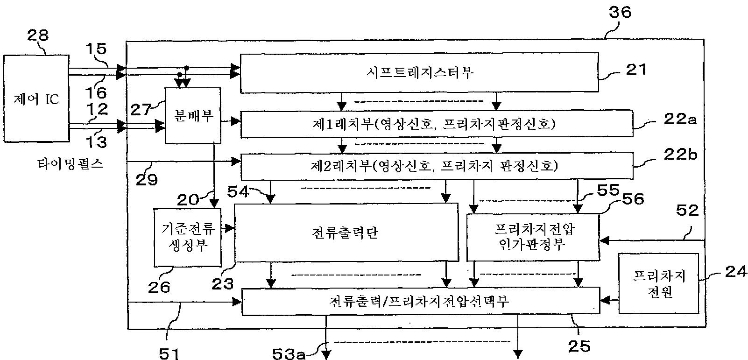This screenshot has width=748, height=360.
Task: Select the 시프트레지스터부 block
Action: (x=418, y=72)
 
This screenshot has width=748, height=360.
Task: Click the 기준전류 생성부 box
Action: (x=187, y=237)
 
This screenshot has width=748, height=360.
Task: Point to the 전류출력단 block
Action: (x=346, y=232)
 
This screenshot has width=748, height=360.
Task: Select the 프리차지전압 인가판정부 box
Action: (x=532, y=237)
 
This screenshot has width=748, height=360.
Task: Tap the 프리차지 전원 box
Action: (x=658, y=283)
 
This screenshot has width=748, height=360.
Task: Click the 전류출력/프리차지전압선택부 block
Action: (x=420, y=301)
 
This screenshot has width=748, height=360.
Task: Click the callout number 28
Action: (x=38, y=35)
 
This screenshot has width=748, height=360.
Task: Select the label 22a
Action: (x=679, y=120)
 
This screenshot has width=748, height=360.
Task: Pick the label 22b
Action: (x=680, y=155)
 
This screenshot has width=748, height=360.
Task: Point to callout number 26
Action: (x=159, y=286)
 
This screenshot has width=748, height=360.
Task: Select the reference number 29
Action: (x=148, y=179)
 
